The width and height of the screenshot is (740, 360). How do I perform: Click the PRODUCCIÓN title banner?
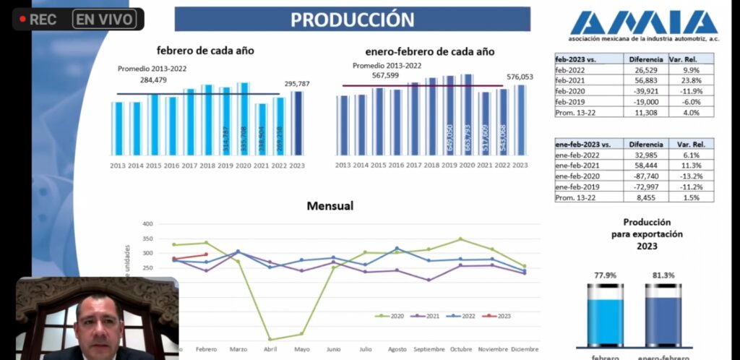pos(352,20)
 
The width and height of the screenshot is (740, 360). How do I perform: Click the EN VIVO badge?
pos(106,20)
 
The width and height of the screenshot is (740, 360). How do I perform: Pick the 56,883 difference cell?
pos(642,80)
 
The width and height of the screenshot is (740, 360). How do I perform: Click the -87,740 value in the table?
pos(642,176)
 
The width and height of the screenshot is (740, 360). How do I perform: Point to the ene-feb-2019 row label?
pos(579,187)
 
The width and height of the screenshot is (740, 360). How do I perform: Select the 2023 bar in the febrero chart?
pos(296,123)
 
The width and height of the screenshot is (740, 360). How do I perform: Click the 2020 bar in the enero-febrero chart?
pos(467,114)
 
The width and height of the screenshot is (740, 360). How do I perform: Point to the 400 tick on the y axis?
pos(147,224)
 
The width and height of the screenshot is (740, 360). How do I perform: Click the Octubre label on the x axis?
pos(460,349)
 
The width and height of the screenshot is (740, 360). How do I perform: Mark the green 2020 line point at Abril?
pos(270,339)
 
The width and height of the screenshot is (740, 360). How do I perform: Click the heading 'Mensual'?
pos(330,206)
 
